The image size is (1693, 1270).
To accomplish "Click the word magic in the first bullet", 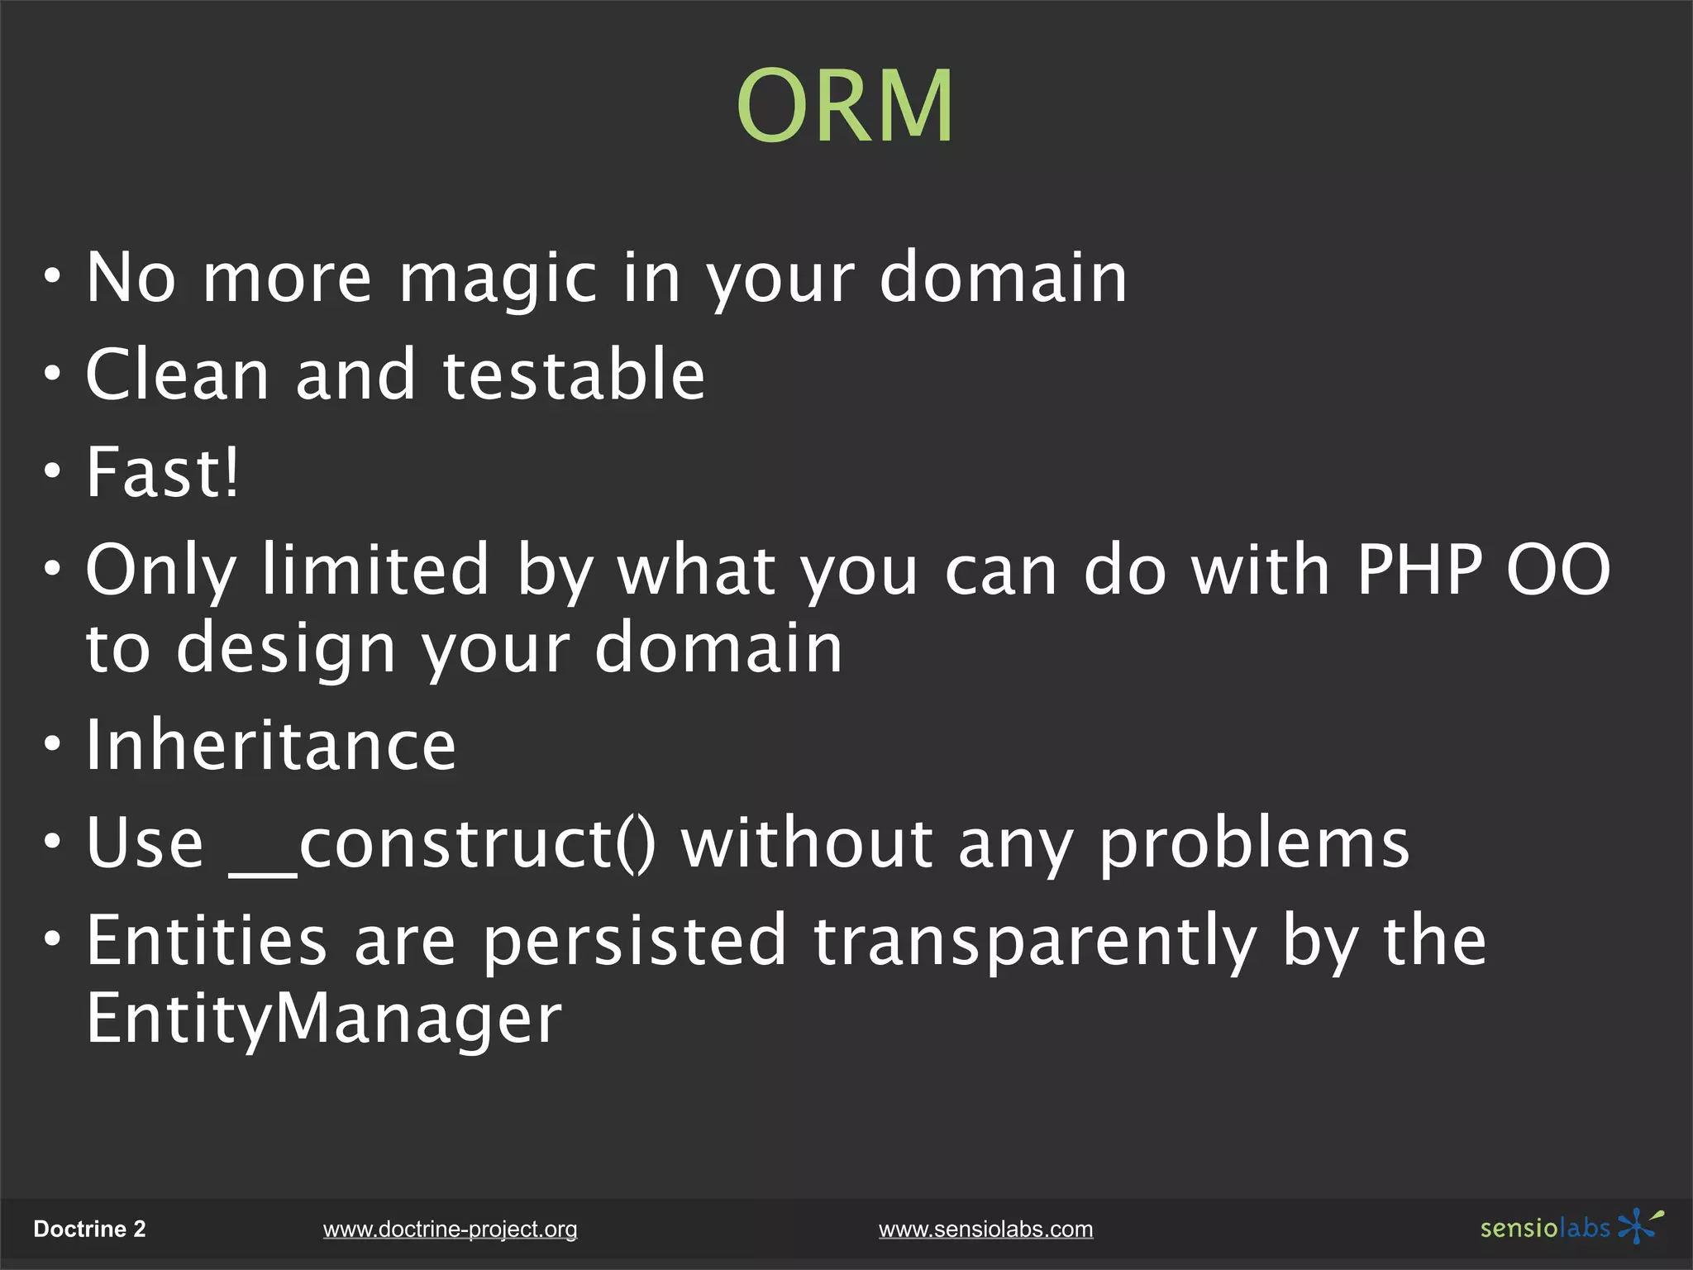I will click(x=498, y=279).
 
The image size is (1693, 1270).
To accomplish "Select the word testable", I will click(x=574, y=375).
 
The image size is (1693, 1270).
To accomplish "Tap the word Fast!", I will click(x=163, y=472).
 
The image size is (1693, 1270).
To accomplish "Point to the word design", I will click(x=286, y=649).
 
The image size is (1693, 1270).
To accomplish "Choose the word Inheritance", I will click(x=271, y=746).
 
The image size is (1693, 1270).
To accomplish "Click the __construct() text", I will click(x=442, y=844).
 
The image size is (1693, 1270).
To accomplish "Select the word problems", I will click(x=1254, y=844).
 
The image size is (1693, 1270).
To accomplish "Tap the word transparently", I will click(x=1035, y=942).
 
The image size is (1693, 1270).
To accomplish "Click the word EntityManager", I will click(x=324, y=1019).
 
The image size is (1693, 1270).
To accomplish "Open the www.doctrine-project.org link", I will click(x=450, y=1229).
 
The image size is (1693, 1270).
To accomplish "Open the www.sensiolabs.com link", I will click(x=985, y=1229).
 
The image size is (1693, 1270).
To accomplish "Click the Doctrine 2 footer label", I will click(x=89, y=1229).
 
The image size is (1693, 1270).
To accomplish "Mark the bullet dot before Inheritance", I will click(x=53, y=745).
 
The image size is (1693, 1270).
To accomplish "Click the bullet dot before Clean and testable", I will click(x=53, y=375).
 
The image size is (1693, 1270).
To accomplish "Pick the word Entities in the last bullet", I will click(x=207, y=942).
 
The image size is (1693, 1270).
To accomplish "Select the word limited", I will click(x=375, y=570).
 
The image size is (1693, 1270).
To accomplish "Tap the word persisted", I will click(x=634, y=942).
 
